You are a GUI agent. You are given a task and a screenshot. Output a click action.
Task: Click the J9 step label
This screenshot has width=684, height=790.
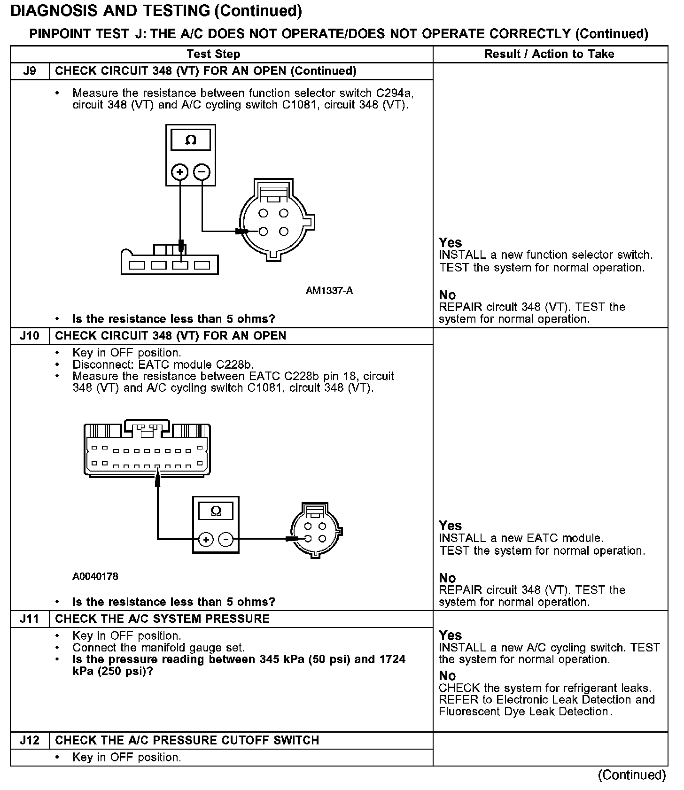coord(30,71)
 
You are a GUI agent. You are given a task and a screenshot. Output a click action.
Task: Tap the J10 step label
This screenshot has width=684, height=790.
coord(30,336)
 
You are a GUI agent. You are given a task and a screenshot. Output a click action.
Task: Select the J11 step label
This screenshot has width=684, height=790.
coord(30,619)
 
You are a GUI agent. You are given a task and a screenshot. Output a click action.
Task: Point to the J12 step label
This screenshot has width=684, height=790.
coord(30,740)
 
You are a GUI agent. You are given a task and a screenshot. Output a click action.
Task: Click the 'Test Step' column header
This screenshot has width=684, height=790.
coord(214,54)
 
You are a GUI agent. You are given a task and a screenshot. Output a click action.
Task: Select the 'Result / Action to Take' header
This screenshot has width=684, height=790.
coord(549,54)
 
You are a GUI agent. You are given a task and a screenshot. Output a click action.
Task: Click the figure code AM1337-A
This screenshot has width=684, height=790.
coord(329,291)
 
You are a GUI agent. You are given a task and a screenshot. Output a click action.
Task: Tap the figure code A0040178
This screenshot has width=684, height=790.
coord(95,576)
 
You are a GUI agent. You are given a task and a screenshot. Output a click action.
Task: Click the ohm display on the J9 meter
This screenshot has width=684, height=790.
coord(191,140)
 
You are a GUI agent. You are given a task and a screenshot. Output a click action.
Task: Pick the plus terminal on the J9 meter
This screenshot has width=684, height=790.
coord(179,172)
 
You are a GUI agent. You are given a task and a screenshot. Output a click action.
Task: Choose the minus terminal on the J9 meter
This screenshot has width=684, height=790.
coord(202,172)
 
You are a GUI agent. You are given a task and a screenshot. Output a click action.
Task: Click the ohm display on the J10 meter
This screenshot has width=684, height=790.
coord(216,511)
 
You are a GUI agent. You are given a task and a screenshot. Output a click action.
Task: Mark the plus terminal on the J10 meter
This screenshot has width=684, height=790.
coord(206,540)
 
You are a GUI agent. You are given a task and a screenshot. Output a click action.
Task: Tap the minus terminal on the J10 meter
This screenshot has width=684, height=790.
coord(226,540)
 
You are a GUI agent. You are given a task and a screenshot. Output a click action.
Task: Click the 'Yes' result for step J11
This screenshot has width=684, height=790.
coord(450,635)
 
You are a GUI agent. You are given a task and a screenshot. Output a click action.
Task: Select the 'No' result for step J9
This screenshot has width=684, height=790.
coord(447,295)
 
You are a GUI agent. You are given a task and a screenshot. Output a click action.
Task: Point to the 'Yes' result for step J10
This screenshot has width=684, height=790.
coord(450,526)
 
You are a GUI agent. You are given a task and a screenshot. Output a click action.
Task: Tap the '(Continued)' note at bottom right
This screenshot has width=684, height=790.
coord(632,775)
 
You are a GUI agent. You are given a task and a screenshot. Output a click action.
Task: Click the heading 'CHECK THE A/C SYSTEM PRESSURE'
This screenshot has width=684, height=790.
coord(163,619)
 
